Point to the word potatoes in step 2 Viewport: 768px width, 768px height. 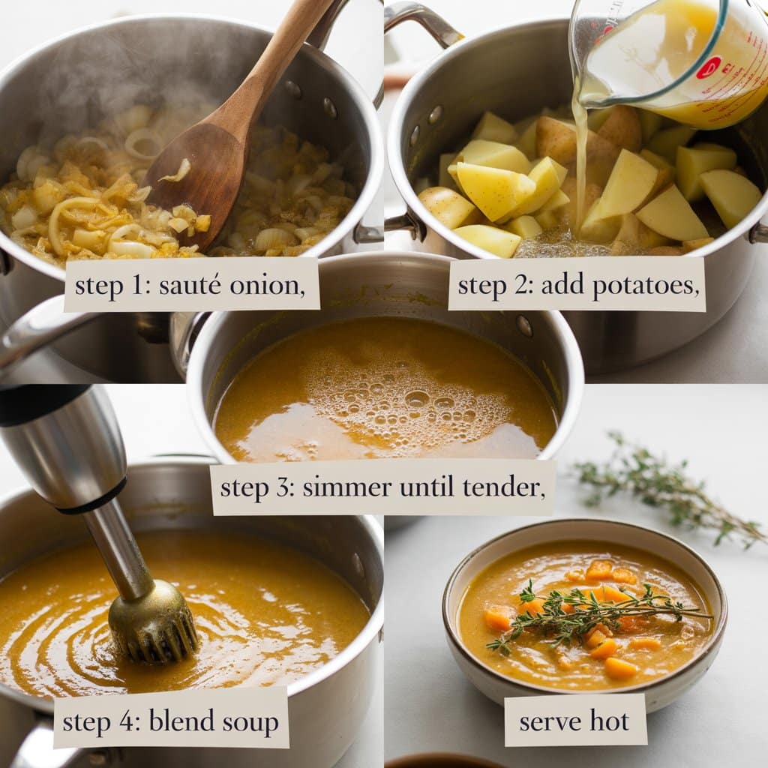(646, 285)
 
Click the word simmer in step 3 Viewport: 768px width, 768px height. (346, 487)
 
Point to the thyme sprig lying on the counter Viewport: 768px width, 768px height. (666, 490)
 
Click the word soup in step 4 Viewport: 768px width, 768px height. (250, 723)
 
